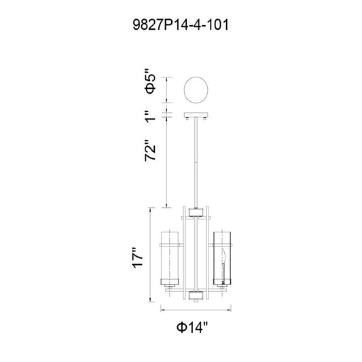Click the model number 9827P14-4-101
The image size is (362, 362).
tap(181, 25)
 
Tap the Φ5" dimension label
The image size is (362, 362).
tap(150, 84)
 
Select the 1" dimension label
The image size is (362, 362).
tap(150, 116)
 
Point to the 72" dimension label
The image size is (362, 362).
tap(150, 150)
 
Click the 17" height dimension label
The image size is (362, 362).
tap(138, 258)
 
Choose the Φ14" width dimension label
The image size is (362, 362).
tap(192, 327)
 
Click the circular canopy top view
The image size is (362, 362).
tap(196, 90)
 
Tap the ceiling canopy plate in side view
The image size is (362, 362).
tap(196, 115)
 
